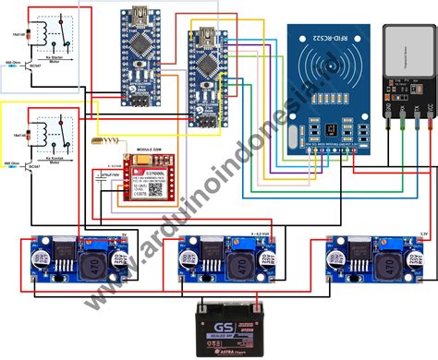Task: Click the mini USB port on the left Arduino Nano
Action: [140, 16]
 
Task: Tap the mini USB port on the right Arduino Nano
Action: [205, 38]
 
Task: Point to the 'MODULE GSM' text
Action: [137, 148]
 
